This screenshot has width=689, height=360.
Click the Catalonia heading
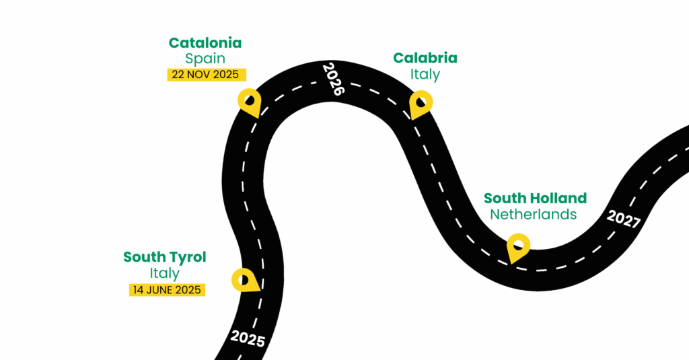tap(205, 43)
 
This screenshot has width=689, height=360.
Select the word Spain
tap(205, 59)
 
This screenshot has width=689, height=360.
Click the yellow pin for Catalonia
tap(249, 101)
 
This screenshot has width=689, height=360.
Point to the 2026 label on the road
tap(332, 79)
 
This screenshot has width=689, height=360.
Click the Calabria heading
tap(425, 58)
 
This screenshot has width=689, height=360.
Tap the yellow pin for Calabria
tap(421, 103)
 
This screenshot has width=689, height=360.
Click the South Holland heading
tap(535, 199)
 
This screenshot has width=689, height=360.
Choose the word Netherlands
tap(534, 215)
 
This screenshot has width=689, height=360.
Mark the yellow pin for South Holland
tap(517, 246)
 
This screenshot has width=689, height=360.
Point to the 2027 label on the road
tap(623, 219)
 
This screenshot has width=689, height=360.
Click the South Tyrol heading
tap(165, 257)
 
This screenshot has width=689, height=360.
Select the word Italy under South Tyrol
tap(165, 273)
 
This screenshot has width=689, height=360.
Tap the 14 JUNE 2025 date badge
tap(166, 290)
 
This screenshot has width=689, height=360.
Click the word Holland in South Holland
tap(558, 199)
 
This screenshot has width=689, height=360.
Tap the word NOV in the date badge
tap(201, 74)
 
